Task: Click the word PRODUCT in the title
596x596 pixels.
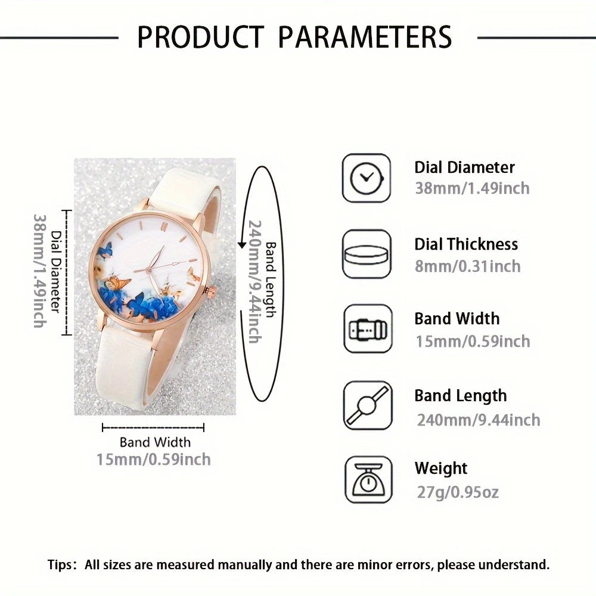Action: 201,37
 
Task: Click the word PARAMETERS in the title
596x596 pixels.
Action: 365,37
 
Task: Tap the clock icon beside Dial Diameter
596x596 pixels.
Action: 367,178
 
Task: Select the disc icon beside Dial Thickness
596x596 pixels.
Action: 367,254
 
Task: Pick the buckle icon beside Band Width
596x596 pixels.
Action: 368,329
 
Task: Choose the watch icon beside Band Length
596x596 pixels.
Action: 368,405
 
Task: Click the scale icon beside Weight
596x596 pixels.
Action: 368,480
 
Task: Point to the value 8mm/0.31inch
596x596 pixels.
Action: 467,266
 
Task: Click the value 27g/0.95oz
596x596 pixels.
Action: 458,492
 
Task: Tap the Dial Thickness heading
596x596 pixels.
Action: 466,244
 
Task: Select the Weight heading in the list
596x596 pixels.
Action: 441,468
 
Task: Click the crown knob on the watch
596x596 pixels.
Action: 209,292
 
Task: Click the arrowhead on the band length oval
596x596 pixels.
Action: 242,245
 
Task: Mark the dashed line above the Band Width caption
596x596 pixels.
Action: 153,427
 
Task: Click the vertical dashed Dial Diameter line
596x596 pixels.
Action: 67,272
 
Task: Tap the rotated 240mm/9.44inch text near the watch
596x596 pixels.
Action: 254,282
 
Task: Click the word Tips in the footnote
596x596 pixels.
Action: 60,565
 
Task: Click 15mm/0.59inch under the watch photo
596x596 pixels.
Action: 154,459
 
